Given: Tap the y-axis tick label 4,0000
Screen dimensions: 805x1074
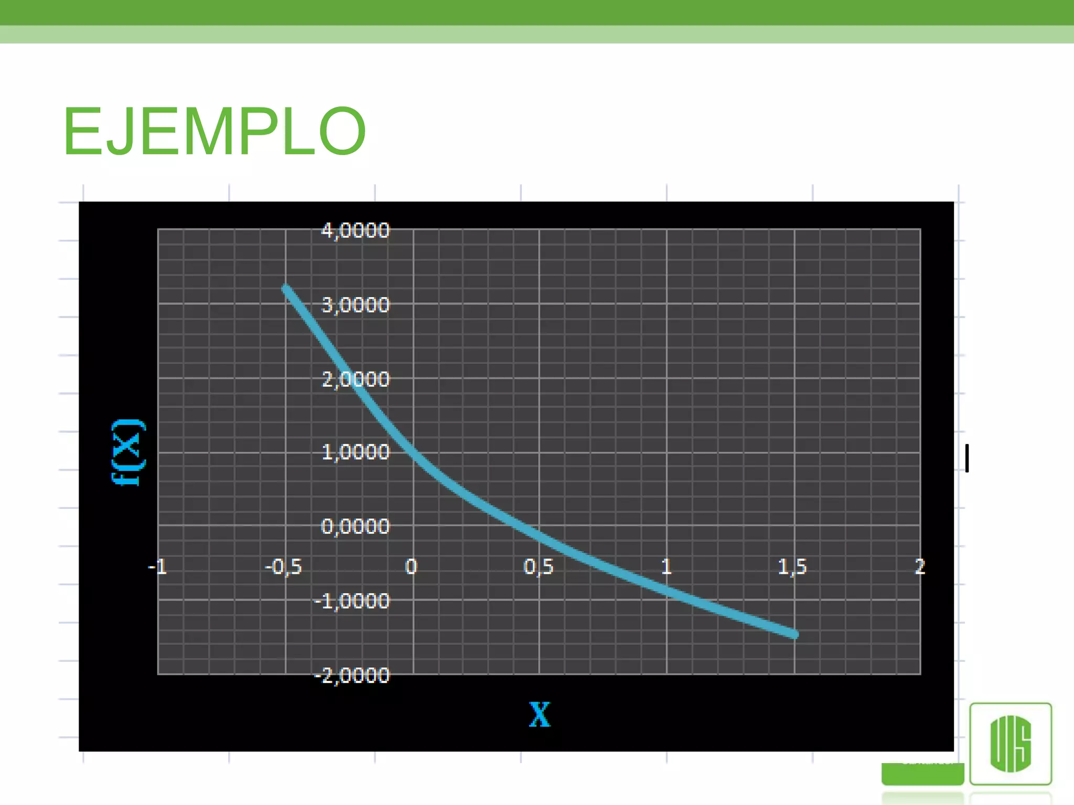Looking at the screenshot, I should [x=356, y=231].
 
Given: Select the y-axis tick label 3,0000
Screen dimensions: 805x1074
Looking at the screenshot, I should [x=356, y=305].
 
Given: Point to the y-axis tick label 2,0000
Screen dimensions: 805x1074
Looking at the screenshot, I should [x=356, y=379].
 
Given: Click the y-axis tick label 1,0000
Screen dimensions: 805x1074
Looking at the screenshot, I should [x=356, y=452].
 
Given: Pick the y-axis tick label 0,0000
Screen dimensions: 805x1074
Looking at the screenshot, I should [x=356, y=526].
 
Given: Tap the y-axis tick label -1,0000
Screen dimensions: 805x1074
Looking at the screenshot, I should [x=352, y=601].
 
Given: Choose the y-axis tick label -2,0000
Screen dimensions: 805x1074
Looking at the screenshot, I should [x=352, y=676].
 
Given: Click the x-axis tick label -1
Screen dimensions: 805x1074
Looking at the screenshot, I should [x=157, y=567].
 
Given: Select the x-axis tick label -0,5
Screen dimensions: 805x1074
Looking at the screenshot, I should [x=284, y=567].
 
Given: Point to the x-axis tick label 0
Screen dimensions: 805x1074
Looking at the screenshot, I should [x=412, y=567].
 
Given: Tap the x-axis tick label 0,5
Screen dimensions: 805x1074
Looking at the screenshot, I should [x=539, y=567].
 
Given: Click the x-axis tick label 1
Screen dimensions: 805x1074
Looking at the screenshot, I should [x=666, y=567].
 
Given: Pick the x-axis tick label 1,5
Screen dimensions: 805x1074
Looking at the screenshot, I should [x=792, y=567].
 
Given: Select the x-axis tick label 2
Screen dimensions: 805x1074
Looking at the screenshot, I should [x=920, y=567].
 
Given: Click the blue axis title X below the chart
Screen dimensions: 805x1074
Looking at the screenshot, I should [x=540, y=714].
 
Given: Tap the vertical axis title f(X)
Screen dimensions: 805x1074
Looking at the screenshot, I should [x=128, y=452].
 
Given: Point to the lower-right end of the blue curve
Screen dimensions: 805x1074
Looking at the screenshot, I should [x=794, y=635].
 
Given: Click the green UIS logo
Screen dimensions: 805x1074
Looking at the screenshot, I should [x=1011, y=744].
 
